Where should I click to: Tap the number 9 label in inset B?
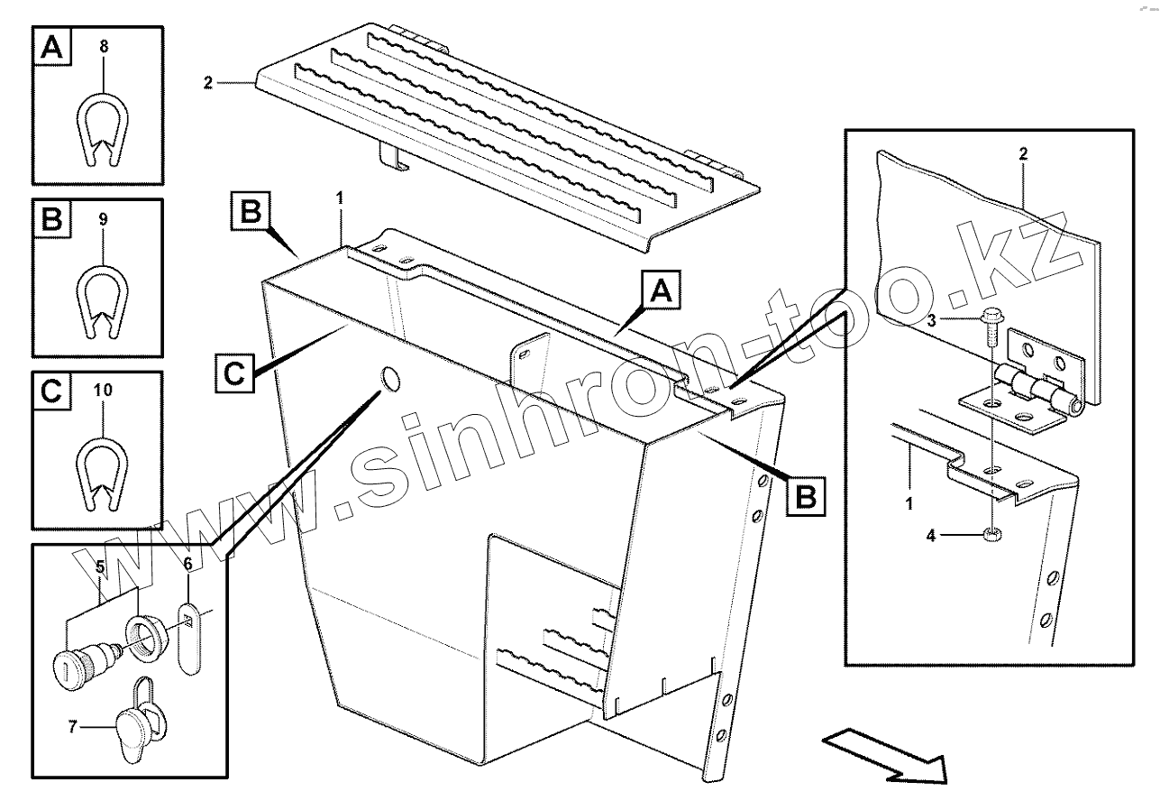[104, 218]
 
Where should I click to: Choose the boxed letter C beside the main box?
[233, 372]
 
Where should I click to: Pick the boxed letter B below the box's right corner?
[805, 497]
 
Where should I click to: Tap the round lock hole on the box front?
[391, 381]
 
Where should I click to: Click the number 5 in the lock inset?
[102, 567]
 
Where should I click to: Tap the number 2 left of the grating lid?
[207, 83]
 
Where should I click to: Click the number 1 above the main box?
[340, 196]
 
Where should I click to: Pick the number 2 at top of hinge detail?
[1022, 154]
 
